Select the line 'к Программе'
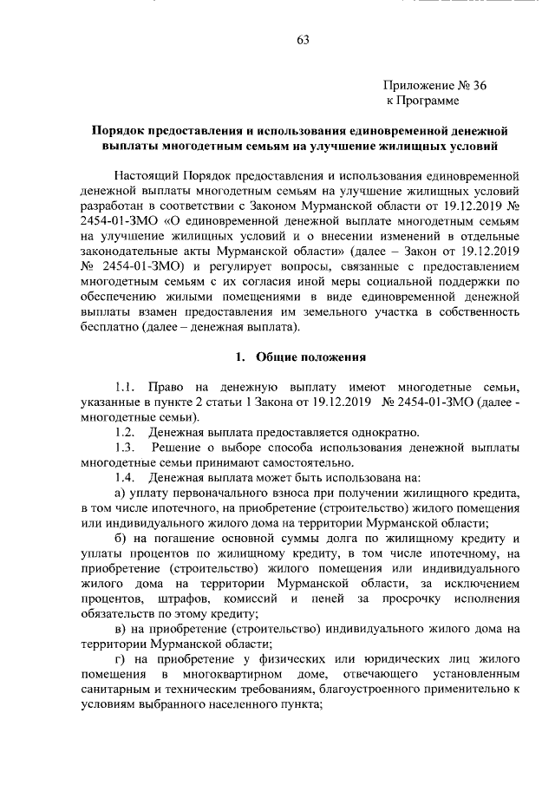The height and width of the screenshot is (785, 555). coord(422,101)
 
